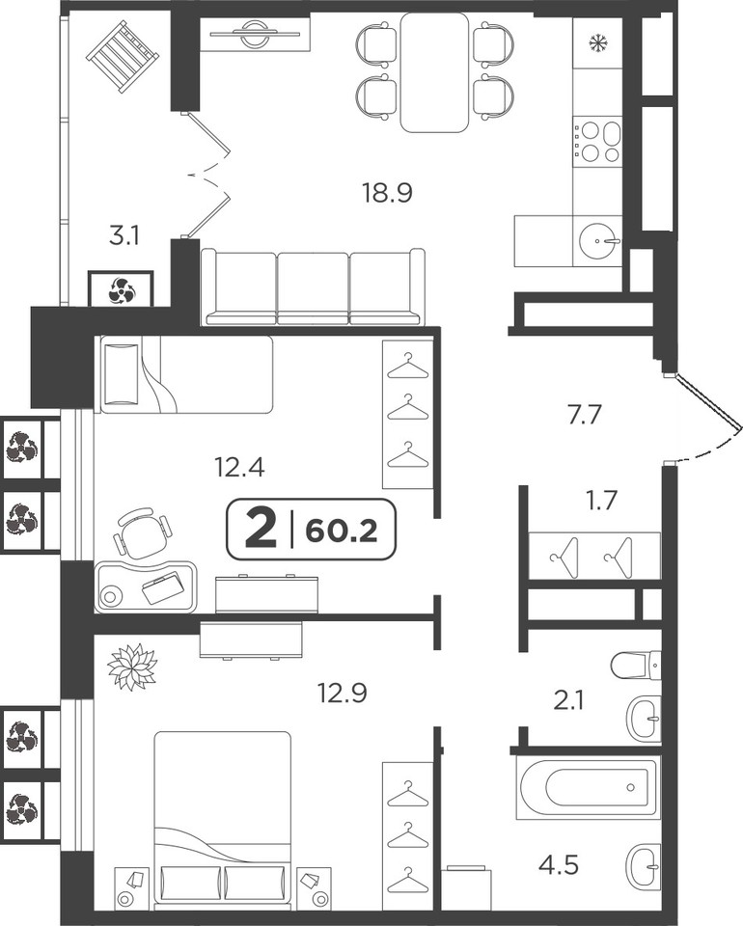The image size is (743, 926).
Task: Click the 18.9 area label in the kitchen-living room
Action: coord(387,193)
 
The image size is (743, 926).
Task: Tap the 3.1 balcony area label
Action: coord(124,236)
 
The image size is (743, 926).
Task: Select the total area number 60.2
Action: coord(342,531)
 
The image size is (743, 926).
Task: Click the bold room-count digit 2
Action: coord(261,530)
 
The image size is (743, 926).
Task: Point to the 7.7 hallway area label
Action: coord(584,415)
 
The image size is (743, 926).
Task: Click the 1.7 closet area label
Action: coord(601,500)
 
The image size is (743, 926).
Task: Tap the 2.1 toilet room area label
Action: coord(569,701)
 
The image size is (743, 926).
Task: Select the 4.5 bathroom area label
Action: coord(558,866)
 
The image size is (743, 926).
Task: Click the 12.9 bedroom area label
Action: coord(343,693)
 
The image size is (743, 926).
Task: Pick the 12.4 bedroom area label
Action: coord(239,468)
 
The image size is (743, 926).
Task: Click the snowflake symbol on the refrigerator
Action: coord(597,43)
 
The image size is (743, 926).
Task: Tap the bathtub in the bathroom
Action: coord(586,787)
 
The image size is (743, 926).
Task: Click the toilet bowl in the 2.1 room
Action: coord(636,666)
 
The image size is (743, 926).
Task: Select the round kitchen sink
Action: coord(599,240)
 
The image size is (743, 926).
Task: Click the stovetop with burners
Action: coord(597,142)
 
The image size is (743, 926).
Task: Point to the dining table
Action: coord(434,72)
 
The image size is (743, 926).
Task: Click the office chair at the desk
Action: coord(142,532)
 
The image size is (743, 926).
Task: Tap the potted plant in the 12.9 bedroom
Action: coord(132,667)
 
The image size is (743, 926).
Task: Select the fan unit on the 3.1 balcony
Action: coord(121,288)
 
